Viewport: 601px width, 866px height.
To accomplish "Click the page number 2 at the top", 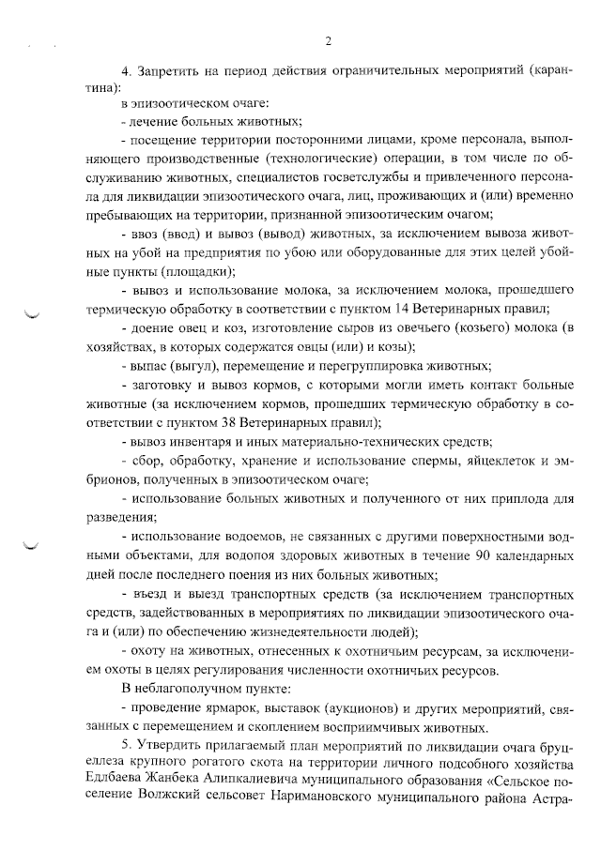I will pyautogui.click(x=328, y=41).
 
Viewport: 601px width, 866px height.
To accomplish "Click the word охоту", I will pyautogui.click(x=150, y=650).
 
